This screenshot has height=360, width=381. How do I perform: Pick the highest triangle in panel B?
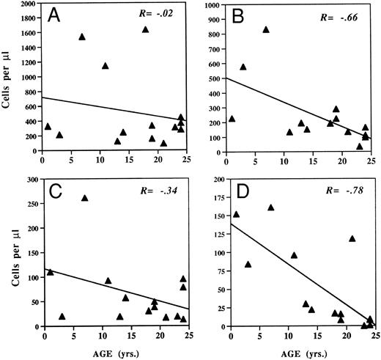click(266, 29)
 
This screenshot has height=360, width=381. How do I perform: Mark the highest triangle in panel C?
click(84, 198)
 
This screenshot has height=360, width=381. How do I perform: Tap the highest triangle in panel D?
click(271, 207)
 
